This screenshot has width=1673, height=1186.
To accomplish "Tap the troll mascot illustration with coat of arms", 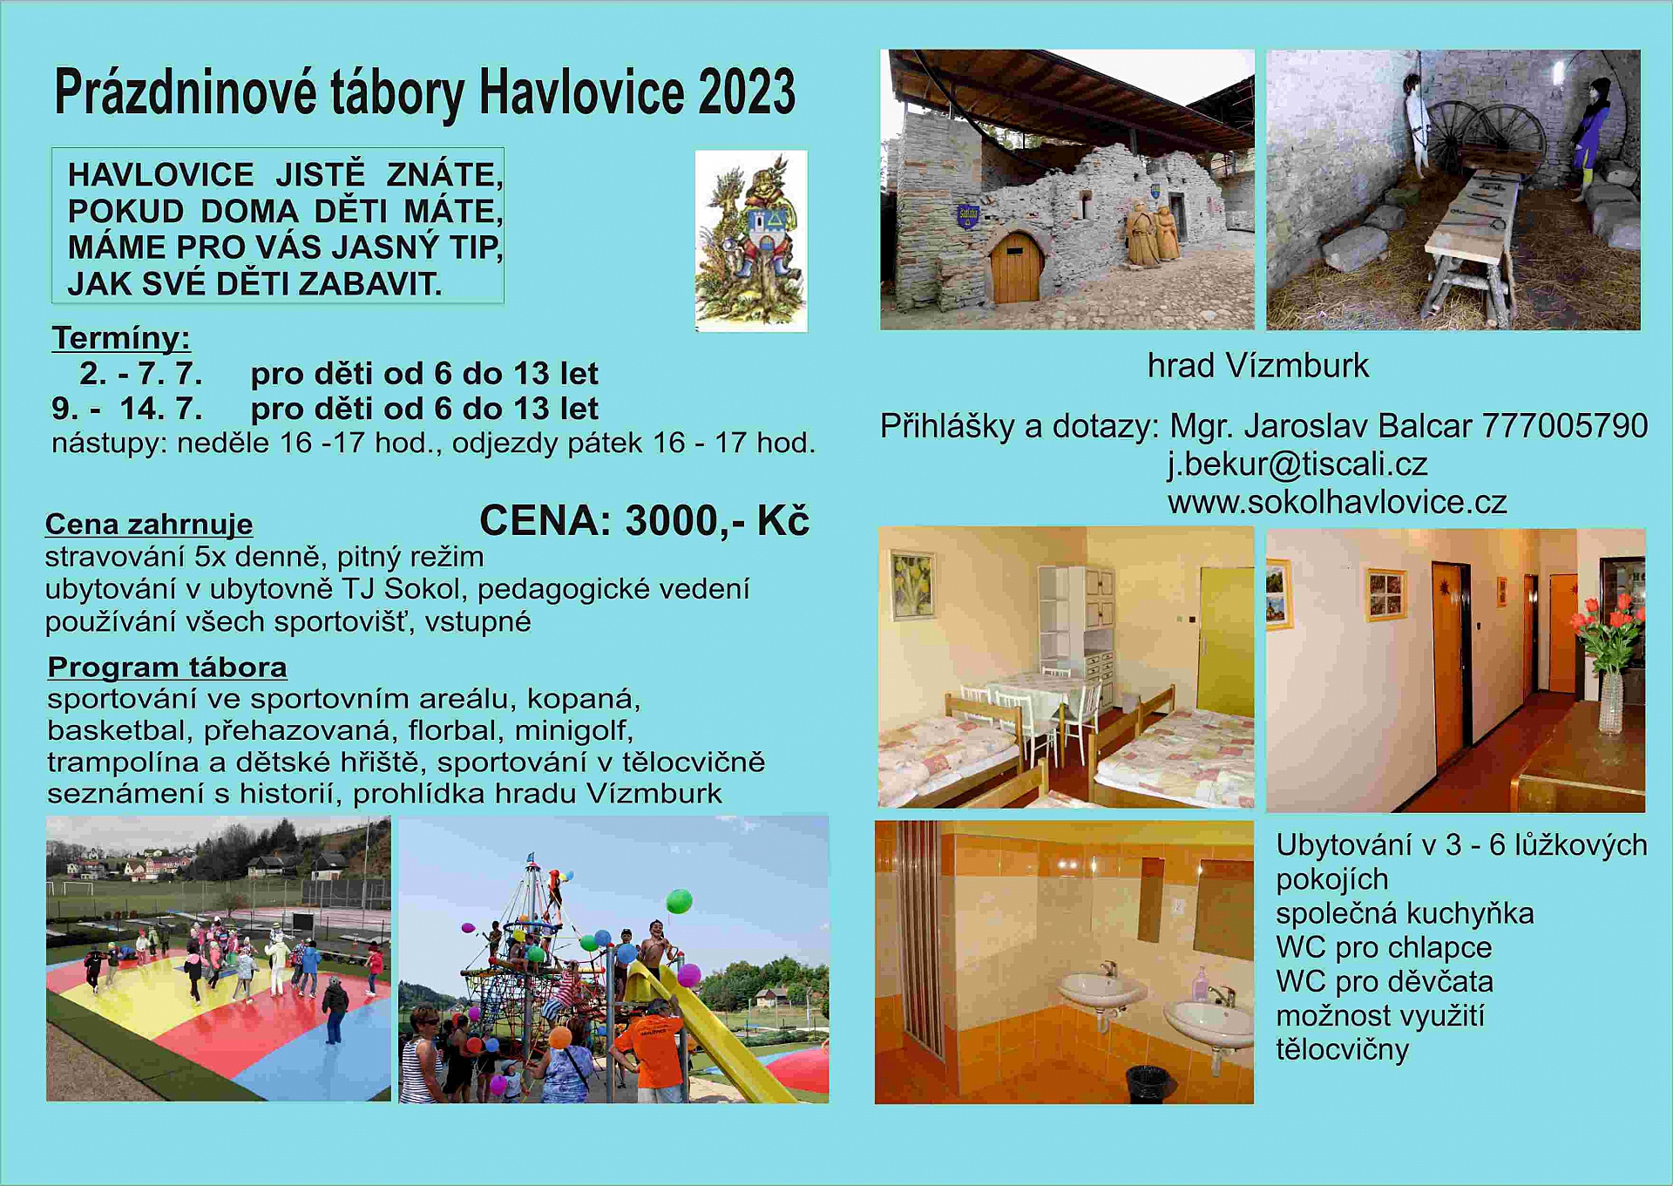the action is pyautogui.click(x=751, y=241).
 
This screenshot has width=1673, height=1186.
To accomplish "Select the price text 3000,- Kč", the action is pyautogui.click(x=717, y=521).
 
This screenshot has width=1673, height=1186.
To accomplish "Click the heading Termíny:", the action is pyautogui.click(x=121, y=338).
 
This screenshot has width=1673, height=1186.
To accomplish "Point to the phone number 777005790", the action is pyautogui.click(x=1565, y=426).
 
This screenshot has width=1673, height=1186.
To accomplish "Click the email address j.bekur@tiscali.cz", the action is pyautogui.click(x=1297, y=464).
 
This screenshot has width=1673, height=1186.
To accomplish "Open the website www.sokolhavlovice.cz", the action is pyautogui.click(x=1338, y=502).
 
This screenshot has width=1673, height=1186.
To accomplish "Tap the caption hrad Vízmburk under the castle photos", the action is pyautogui.click(x=1258, y=366).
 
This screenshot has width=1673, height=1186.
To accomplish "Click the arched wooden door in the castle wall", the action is pyautogui.click(x=1015, y=267).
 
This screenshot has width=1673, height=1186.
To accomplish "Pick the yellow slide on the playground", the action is pyautogui.click(x=706, y=1028).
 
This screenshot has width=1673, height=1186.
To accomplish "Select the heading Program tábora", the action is pyautogui.click(x=167, y=668).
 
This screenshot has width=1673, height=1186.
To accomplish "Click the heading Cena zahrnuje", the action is pyautogui.click(x=149, y=525).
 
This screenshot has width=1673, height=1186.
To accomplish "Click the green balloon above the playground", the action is pyautogui.click(x=679, y=900).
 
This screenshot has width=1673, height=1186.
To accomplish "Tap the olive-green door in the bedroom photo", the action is pyautogui.click(x=1225, y=641).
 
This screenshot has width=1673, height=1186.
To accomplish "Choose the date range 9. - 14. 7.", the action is pyautogui.click(x=127, y=409).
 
